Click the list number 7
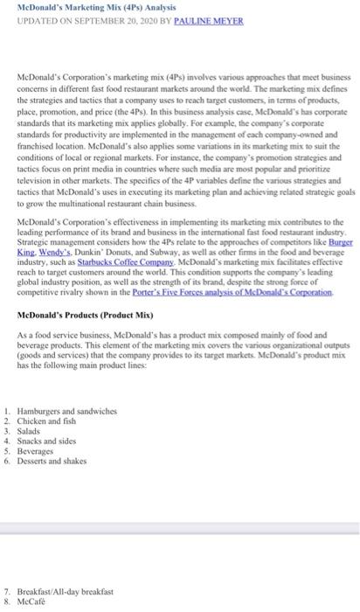coord(7,592)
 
